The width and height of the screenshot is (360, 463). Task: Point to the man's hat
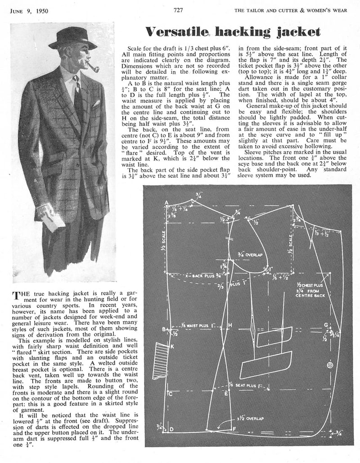(x=73, y=38)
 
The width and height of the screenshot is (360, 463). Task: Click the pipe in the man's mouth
(x=92, y=68)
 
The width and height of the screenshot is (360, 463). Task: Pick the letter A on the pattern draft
(x=167, y=202)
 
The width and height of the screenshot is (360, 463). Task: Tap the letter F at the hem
(x=234, y=429)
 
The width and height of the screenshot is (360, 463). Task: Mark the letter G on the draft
(x=326, y=324)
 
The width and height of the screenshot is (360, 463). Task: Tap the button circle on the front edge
(x=331, y=364)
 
